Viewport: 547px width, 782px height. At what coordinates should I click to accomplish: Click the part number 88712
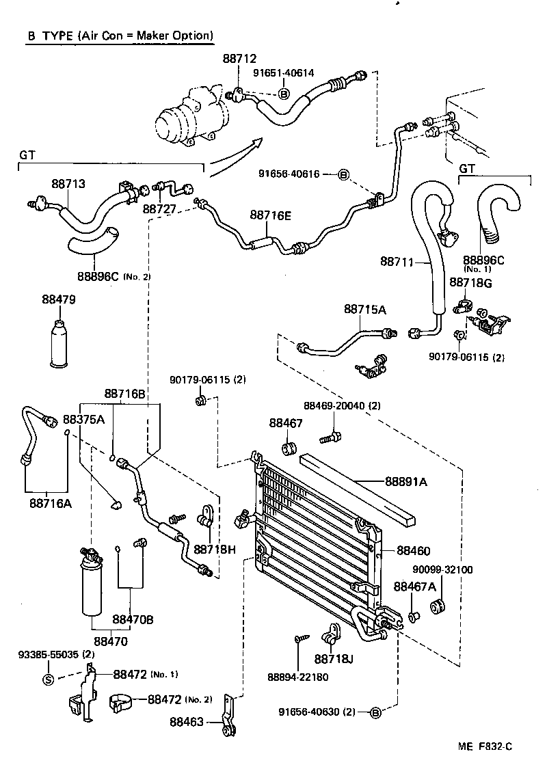[239, 60]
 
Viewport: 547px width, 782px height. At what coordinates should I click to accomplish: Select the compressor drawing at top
[183, 117]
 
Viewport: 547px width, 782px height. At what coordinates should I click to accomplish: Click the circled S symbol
[48, 679]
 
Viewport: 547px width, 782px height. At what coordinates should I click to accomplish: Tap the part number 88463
[187, 721]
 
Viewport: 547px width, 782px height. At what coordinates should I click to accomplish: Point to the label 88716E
[270, 216]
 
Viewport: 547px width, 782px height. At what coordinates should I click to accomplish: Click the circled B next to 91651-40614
[284, 93]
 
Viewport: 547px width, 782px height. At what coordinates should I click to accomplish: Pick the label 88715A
[364, 310]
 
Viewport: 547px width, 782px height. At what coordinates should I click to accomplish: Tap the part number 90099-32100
[442, 569]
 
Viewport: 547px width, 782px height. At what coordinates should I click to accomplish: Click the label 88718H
[214, 549]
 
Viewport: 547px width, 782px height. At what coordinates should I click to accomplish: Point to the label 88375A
[83, 419]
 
